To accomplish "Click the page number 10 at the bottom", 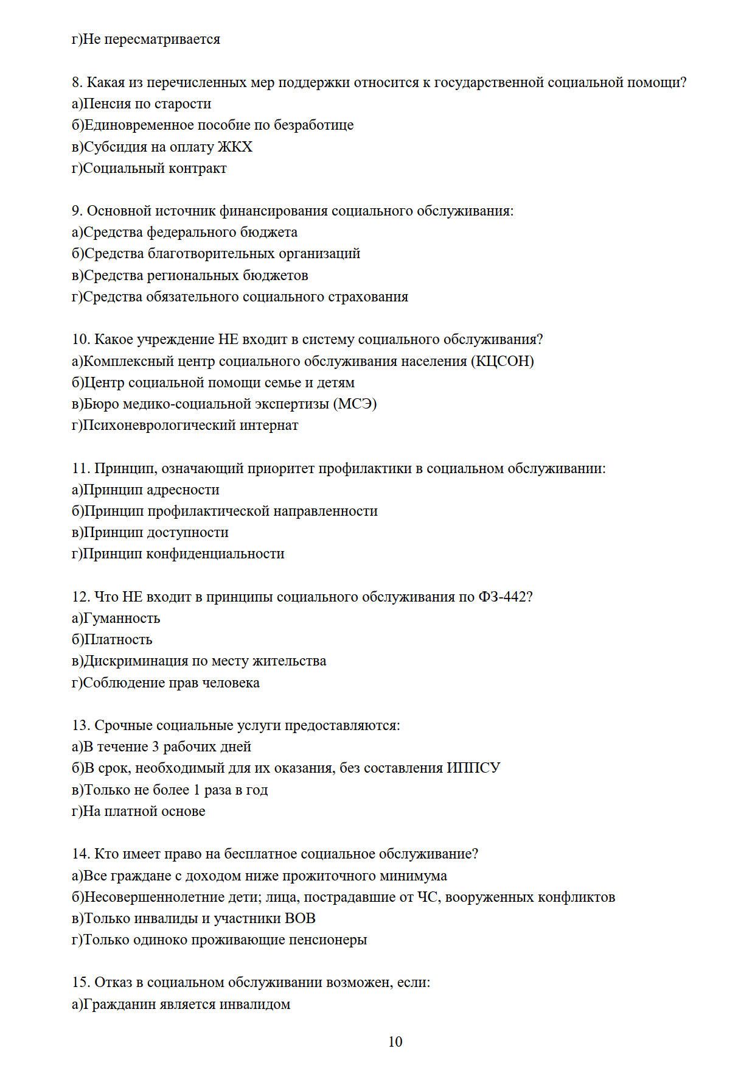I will (x=395, y=1042).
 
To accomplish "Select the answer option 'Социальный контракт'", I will (x=155, y=168).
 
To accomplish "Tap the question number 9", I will (x=77, y=211).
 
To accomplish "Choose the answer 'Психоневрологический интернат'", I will (x=190, y=425).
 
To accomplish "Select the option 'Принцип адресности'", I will (x=151, y=490).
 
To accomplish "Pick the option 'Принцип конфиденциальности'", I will (x=183, y=553).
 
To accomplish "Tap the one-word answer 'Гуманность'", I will (x=121, y=618).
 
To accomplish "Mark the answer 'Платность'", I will (x=117, y=639).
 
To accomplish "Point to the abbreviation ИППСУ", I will (x=473, y=768).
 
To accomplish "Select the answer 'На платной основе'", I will (x=144, y=811).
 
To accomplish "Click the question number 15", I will (x=80, y=982).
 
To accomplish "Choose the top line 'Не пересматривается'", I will (x=151, y=39).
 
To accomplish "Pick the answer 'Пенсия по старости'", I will (x=147, y=104).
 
